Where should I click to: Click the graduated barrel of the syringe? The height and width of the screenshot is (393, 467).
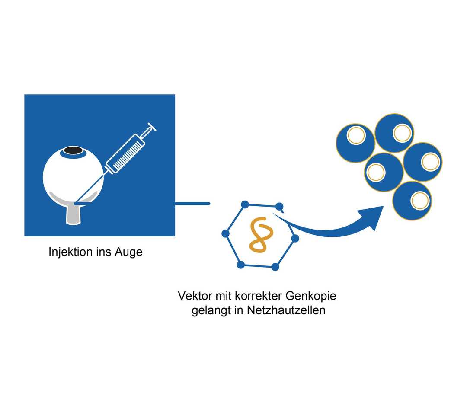coord(125,153)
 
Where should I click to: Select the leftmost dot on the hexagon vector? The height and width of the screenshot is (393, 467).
coord(225,233)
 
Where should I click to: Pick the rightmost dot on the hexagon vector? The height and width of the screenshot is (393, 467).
coord(295,238)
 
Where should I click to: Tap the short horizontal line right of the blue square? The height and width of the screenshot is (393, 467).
coord(192,203)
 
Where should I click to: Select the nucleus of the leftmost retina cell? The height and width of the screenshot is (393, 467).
coord(356,136)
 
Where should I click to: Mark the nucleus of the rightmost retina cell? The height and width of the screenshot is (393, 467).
coord(430,162)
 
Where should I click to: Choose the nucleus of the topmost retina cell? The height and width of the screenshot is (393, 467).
coord(402,133)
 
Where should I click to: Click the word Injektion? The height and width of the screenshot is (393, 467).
coord(70,252)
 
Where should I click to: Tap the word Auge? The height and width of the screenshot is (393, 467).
coord(128,252)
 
